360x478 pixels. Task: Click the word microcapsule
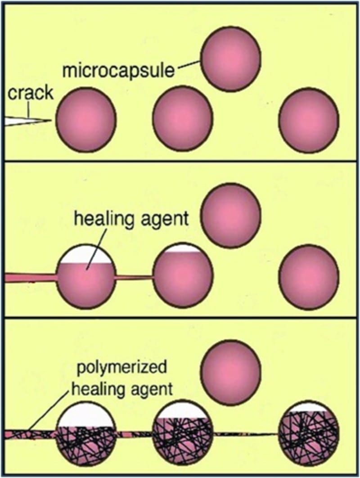click(119, 71)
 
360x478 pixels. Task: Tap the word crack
click(31, 93)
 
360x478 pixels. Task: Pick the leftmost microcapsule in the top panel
click(86, 119)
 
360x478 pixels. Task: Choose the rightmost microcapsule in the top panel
click(309, 122)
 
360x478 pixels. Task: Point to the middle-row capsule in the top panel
click(183, 121)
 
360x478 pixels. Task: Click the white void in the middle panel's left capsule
click(86, 254)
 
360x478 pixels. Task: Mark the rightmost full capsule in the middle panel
click(309, 277)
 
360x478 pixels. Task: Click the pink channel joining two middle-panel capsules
click(135, 277)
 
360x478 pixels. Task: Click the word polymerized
click(121, 368)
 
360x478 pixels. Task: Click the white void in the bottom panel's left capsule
click(86, 415)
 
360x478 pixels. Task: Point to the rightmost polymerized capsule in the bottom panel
click(309, 433)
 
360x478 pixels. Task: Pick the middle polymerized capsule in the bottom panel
click(183, 433)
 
